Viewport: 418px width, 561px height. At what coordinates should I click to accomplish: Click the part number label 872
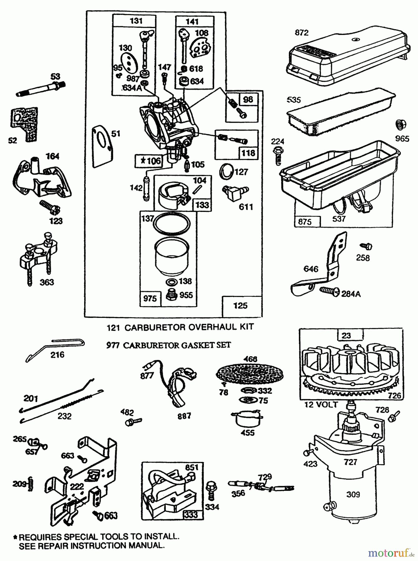[x=301, y=33]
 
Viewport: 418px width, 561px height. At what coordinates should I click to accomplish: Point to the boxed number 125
[x=240, y=305]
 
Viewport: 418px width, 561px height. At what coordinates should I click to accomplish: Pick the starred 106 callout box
[x=148, y=161]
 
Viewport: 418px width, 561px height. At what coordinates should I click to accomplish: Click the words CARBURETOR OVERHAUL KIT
[x=189, y=327]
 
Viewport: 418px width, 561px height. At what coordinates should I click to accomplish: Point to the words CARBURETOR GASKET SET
[x=177, y=345]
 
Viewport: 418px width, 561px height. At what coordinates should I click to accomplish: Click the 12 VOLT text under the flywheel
[x=321, y=405]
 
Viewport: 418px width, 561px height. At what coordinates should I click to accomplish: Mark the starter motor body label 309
[x=353, y=494]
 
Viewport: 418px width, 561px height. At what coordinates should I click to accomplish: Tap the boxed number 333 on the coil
[x=191, y=514]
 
